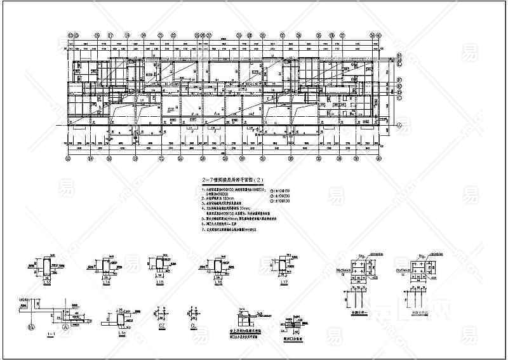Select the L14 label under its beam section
pyautogui.click(x=105, y=282)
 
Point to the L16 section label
pyautogui.click(x=218, y=282)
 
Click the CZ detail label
pyautogui.click(x=160, y=328)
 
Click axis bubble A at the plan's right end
pyautogui.click(x=400, y=126)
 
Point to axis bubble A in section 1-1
pyautogui.click(x=64, y=328)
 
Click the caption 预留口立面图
pyautogui.click(x=293, y=337)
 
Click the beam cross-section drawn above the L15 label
pyautogui.click(x=158, y=265)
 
